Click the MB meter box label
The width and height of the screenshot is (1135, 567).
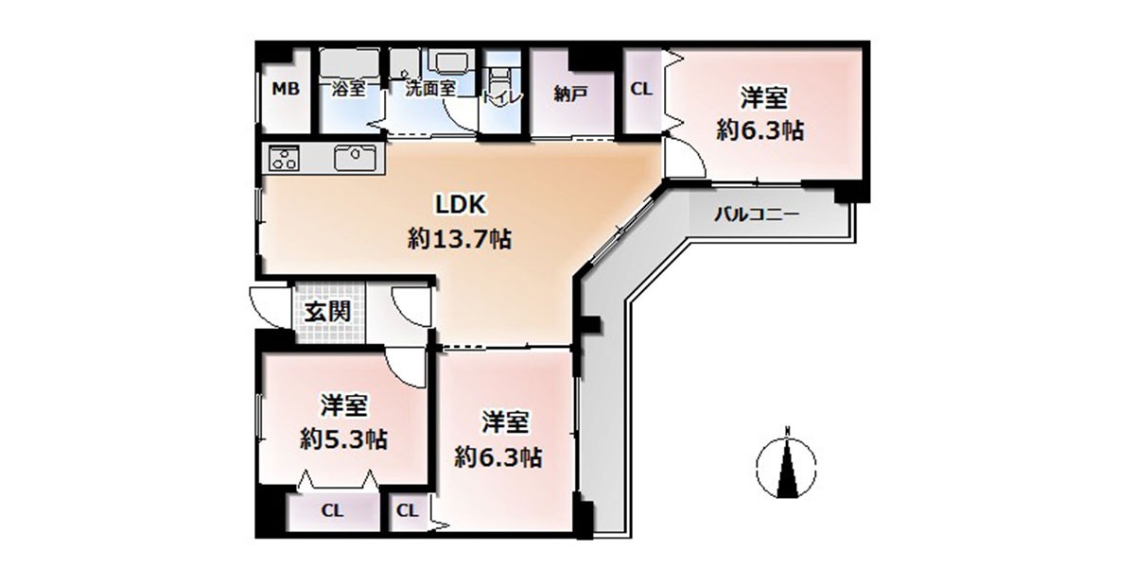pos(286,89)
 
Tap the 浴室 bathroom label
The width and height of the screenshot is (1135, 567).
pos(348,89)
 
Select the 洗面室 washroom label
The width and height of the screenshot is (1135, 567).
pos(430,89)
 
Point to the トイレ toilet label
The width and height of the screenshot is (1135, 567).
pos(500,97)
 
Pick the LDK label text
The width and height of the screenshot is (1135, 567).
pos(461,204)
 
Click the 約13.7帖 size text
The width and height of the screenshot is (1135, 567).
pos(460,238)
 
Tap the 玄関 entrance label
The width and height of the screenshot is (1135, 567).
pos(327,312)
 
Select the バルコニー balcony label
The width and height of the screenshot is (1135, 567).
pos(757,215)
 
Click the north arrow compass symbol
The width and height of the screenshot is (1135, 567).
pos(786,462)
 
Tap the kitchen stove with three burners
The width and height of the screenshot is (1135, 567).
pos(284,158)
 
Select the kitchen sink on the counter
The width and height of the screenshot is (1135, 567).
pos(356,157)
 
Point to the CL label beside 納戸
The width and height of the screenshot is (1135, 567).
pos(641,89)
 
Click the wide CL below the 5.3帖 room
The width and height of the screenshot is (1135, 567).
pos(332,511)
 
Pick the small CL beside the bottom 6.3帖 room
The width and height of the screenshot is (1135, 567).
pos(408,510)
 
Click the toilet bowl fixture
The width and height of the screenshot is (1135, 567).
pos(500,81)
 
